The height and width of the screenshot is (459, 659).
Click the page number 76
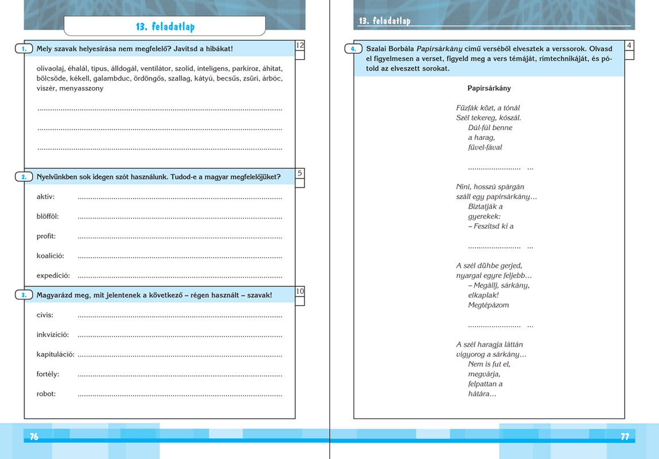click(34, 437)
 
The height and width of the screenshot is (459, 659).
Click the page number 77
click(625, 437)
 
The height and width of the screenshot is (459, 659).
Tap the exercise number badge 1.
click(24, 49)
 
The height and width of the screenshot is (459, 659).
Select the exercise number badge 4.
click(354, 49)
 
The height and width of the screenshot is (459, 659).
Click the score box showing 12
click(300, 45)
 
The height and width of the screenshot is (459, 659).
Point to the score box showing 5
click(300, 173)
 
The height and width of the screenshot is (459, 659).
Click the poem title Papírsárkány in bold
click(489, 88)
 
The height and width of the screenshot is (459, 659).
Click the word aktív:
click(45, 197)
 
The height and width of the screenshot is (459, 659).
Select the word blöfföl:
click(48, 216)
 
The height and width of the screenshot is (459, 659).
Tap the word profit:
click(46, 236)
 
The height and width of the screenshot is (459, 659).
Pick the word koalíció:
click(51, 255)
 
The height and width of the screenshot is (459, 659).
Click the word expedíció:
click(53, 275)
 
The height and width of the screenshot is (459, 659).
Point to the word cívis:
click(45, 315)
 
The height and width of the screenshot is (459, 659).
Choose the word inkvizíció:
click(53, 334)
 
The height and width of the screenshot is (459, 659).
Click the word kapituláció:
click(55, 354)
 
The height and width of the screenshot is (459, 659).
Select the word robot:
click(46, 394)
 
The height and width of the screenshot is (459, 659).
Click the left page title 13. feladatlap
click(165, 27)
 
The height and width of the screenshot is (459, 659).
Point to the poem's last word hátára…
click(482, 394)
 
